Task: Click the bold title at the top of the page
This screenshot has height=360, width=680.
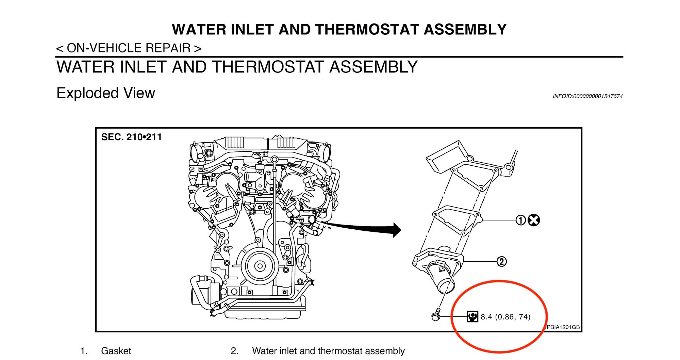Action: [339, 29]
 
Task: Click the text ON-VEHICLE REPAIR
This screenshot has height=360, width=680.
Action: [129, 48]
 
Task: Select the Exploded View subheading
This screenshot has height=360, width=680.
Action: [106, 93]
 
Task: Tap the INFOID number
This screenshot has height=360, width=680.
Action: [587, 96]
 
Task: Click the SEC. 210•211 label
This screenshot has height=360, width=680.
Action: [131, 137]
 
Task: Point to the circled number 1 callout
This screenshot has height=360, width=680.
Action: [520, 220]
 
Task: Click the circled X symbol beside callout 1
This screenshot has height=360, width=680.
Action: [534, 220]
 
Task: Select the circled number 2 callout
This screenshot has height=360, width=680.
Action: [502, 262]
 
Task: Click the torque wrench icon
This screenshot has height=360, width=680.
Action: [472, 317]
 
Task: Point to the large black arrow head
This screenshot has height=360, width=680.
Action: [396, 230]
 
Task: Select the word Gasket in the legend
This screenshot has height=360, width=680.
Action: [116, 351]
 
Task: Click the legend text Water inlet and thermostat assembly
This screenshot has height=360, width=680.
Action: [328, 351]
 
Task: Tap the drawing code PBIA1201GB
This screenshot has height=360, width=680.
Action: [562, 327]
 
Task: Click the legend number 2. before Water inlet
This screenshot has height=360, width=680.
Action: [234, 351]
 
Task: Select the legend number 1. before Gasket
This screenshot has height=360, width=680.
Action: [84, 351]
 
